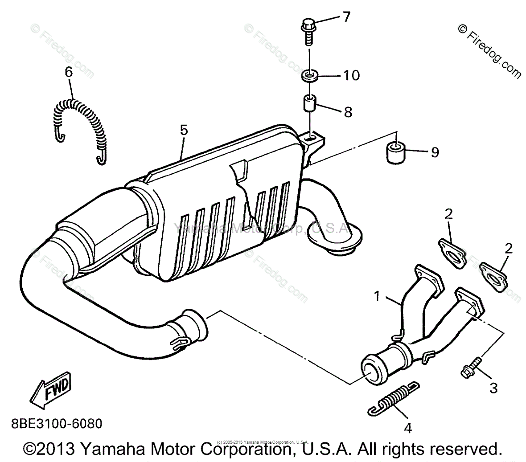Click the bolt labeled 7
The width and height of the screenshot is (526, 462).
click(x=308, y=29)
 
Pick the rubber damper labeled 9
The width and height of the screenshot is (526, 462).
click(x=395, y=153)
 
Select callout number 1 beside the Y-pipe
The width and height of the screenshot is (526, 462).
click(x=378, y=296)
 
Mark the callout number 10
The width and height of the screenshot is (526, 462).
click(x=351, y=75)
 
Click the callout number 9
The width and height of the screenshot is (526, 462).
click(x=434, y=153)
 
